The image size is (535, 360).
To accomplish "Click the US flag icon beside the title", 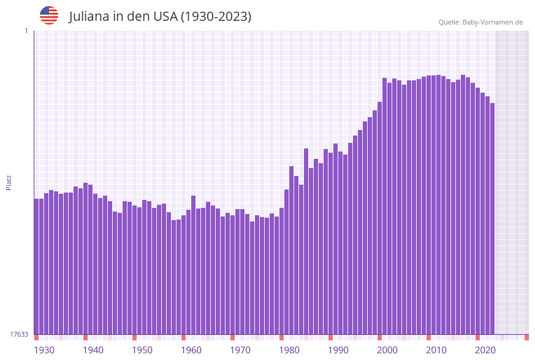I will (x=49, y=15).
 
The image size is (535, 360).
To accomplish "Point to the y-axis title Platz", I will (x=9, y=182).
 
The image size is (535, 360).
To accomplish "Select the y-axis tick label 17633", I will (x=18, y=334).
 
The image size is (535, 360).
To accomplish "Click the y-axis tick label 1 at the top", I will (x=26, y=31).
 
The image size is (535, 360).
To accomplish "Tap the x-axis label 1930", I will (x=44, y=350).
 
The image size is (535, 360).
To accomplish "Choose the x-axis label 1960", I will (x=191, y=350).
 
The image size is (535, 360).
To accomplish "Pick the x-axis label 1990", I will (x=338, y=350).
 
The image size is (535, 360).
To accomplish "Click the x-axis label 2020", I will (x=485, y=350).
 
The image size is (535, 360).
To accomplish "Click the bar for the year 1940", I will (x=86, y=258).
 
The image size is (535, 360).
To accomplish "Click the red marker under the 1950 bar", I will (x=135, y=337).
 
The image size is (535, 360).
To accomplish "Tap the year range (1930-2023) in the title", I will (x=216, y=17).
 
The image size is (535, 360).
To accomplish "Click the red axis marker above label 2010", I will (x=429, y=337).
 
